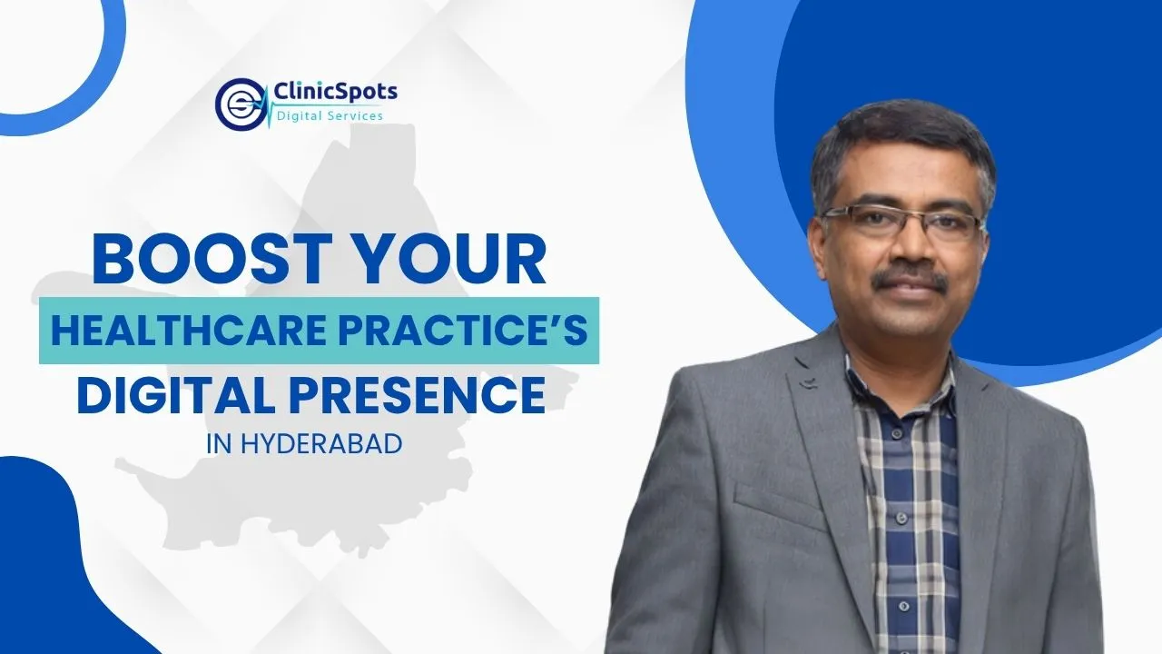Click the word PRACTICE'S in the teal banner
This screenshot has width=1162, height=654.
463,330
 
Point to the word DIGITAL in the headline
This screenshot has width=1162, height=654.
176,396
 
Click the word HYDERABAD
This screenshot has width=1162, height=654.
321,444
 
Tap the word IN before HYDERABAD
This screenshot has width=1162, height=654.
219,444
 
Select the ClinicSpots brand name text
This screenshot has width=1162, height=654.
335,93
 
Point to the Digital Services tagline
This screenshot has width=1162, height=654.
330,115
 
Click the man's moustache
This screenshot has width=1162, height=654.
910,278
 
